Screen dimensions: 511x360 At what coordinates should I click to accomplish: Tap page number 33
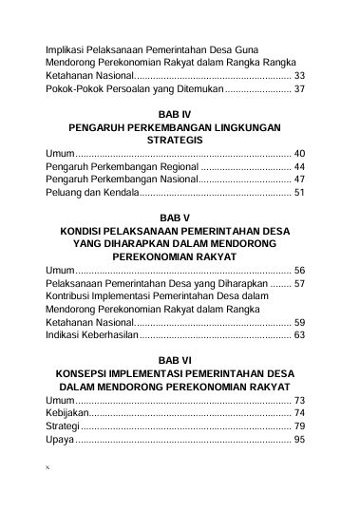tap(300, 74)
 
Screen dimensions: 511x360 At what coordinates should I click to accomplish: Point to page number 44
tap(300, 165)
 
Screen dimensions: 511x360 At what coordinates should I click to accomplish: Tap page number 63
tap(300, 335)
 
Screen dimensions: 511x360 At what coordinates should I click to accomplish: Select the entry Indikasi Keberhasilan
tap(92, 335)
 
